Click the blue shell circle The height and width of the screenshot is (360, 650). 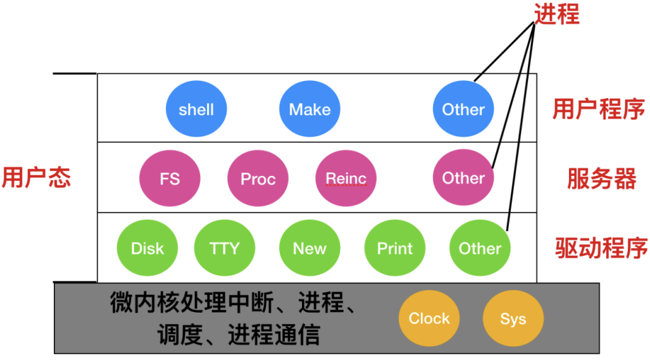[x=196, y=109]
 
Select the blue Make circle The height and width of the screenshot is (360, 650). [x=309, y=109]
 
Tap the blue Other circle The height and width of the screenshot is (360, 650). [x=463, y=109]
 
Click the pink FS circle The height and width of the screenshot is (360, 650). [x=170, y=178]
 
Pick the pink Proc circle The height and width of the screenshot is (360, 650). [x=258, y=178]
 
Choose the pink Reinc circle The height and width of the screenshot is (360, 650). [x=346, y=178]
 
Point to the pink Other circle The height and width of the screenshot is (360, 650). [x=463, y=178]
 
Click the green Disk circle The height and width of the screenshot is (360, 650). [x=147, y=249]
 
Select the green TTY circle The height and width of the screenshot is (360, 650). [x=225, y=249]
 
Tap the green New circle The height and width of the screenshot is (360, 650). [x=309, y=249]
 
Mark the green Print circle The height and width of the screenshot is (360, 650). [x=395, y=249]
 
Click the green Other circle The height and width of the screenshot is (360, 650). [x=480, y=249]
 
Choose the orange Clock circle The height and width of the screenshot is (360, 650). [x=428, y=318]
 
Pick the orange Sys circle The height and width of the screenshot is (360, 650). [x=513, y=318]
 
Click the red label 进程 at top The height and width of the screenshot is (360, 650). [x=557, y=14]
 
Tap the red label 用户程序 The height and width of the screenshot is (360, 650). [x=599, y=109]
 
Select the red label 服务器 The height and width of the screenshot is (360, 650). [x=601, y=180]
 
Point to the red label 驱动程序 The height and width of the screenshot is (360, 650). [x=601, y=249]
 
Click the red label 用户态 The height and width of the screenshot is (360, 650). [x=36, y=178]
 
